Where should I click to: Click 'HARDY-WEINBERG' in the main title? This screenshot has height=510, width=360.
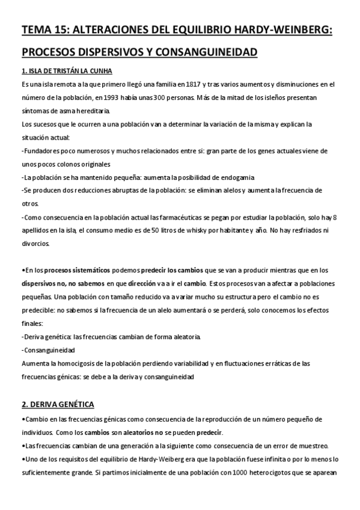point(286,30)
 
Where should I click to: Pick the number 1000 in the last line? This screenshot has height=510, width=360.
point(236,472)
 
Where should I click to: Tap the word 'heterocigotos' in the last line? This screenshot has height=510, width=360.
point(272,472)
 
